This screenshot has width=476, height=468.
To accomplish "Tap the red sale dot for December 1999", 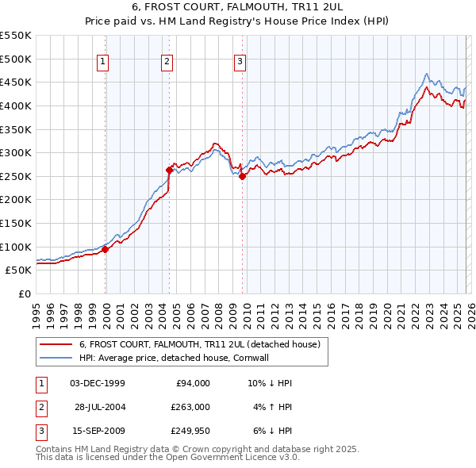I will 105,249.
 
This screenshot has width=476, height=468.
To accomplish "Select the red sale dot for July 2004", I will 169,170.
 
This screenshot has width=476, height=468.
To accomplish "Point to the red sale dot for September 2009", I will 242,177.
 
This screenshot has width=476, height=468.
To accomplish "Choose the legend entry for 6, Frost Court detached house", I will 199,344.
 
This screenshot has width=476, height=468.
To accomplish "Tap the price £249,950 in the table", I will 190,431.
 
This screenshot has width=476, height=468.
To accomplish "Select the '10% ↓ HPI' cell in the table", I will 270,383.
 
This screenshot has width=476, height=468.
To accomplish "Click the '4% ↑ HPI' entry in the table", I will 271,408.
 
